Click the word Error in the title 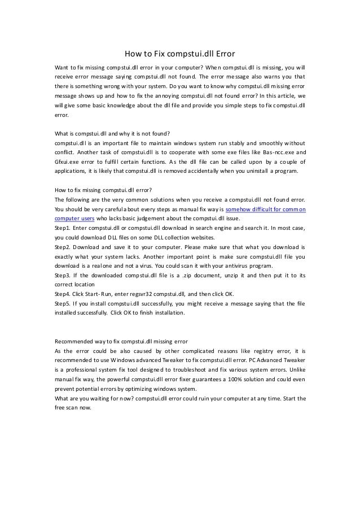(x=222, y=55)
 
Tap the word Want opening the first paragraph (x=62, y=67)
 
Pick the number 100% (x=230, y=380)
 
